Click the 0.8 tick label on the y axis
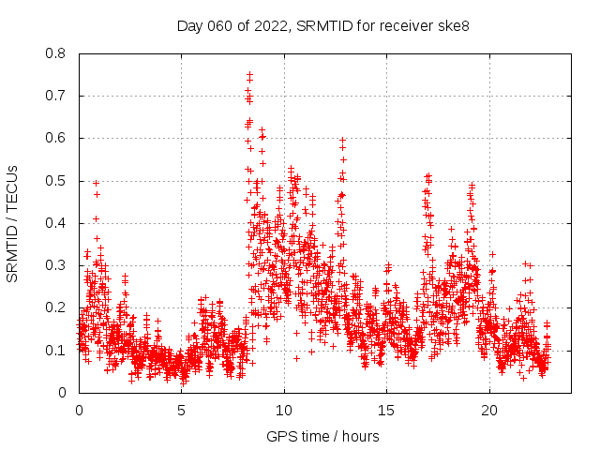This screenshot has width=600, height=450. [57, 53]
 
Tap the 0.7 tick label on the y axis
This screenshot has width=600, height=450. [57, 96]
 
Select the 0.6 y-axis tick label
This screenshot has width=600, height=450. [57, 138]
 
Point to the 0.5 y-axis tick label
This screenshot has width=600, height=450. [57, 181]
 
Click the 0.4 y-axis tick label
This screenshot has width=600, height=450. [57, 223]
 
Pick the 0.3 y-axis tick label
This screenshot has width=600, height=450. [57, 265]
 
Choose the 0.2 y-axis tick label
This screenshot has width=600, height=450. [57, 307]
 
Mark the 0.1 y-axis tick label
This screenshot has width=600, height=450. [57, 350]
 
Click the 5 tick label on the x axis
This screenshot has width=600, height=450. [182, 410]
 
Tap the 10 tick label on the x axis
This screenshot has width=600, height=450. [284, 410]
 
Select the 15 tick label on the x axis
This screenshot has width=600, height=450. [387, 410]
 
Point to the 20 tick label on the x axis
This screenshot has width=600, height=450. [489, 410]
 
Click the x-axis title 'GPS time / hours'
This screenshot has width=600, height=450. [322, 436]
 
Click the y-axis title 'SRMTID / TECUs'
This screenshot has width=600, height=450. [12, 223]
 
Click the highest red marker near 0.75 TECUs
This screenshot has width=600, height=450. [250, 74]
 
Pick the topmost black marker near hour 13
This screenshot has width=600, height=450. [342, 141]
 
